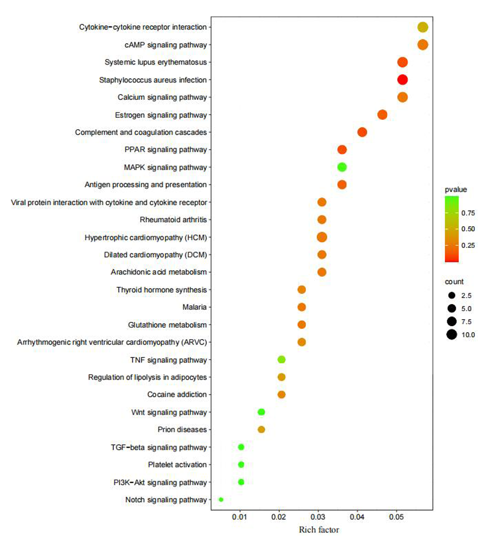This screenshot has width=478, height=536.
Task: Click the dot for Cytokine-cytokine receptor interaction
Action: tap(422, 28)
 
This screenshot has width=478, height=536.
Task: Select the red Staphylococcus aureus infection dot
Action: tap(402, 80)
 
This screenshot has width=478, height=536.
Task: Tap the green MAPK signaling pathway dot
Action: tap(342, 167)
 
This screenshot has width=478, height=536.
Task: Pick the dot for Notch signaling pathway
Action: tap(221, 500)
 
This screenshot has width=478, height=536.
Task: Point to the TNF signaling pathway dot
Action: tap(281, 360)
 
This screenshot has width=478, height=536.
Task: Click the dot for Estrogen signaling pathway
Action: tap(383, 115)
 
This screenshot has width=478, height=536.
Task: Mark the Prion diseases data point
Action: tap(261, 430)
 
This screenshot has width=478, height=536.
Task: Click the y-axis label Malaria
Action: tap(195, 307)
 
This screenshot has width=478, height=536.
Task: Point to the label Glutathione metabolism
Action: tap(167, 325)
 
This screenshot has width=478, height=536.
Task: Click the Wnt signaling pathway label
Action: tap(169, 413)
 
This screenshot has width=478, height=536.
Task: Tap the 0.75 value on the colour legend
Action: tap(467, 212)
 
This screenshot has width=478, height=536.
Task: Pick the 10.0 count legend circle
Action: tap(452, 335)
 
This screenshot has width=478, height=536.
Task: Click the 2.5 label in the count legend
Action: tap(467, 296)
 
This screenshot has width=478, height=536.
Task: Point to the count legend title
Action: tap(454, 281)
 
